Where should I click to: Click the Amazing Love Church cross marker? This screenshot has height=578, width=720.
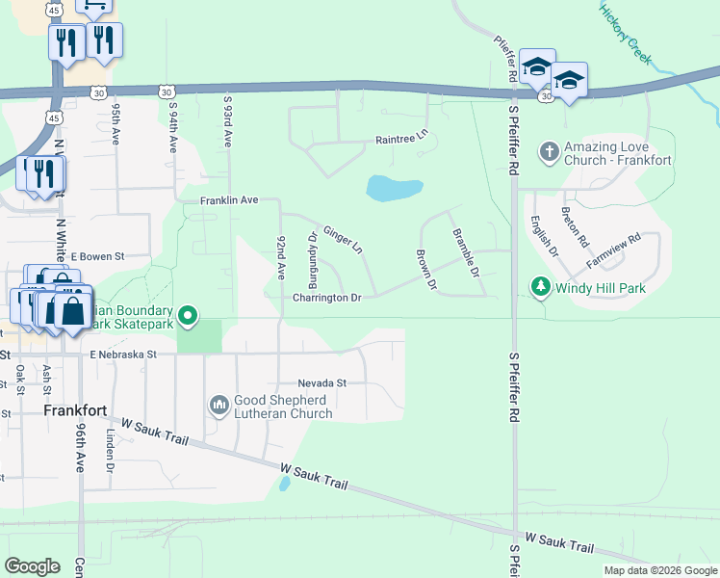tap(550, 151)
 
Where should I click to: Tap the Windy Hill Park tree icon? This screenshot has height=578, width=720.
tap(541, 287)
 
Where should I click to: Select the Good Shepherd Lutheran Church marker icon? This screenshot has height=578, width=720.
tap(219, 404)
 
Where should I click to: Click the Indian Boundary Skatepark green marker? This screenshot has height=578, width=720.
tap(189, 315)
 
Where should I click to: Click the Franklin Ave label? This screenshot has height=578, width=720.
tap(229, 200)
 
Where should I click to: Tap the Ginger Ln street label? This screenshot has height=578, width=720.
tap(343, 239)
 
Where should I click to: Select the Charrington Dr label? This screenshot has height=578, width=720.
tap(326, 299)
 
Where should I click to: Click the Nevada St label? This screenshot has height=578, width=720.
tap(321, 382)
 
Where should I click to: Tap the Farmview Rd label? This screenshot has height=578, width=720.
tap(613, 250)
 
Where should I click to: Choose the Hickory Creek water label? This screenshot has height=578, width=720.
tap(626, 33)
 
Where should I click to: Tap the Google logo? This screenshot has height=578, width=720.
tap(32, 565)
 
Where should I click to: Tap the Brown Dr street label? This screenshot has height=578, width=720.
tap(426, 272)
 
